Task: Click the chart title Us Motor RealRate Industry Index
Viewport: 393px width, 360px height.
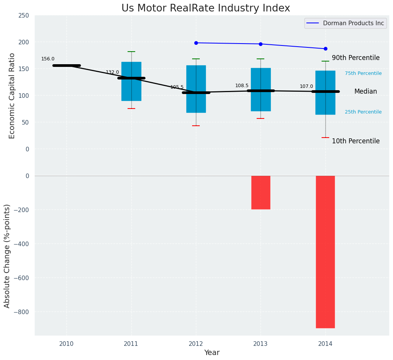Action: pos(205,8)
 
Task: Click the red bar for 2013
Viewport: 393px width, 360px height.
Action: pos(261,192)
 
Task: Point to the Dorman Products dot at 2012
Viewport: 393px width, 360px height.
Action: pos(196,43)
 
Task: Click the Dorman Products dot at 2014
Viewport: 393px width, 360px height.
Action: pos(325,49)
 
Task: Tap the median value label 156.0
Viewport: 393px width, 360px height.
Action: pos(48,59)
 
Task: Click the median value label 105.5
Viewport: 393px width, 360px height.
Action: pos(177,87)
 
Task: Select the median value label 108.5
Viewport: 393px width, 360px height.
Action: pos(242,86)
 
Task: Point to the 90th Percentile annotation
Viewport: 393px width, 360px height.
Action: pos(356,58)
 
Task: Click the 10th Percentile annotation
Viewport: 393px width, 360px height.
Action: pos(356,141)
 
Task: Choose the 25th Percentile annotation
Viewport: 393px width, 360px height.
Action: pos(363,112)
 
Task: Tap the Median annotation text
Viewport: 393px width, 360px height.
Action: pos(366,92)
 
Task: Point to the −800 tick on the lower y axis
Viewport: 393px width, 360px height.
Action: pos(22,312)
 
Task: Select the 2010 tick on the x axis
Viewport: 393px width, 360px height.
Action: pos(66,344)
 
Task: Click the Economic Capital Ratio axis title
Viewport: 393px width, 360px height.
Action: pos(12,96)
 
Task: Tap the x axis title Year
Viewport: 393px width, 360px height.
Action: pos(212,353)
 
